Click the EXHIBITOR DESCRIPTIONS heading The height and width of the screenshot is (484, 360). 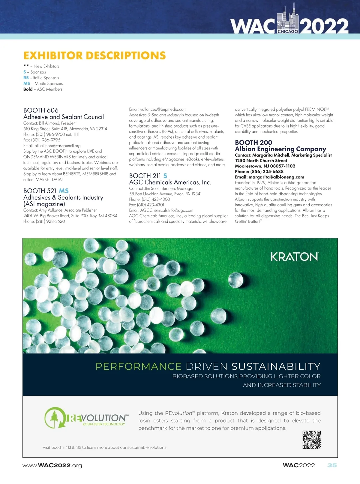[94, 56]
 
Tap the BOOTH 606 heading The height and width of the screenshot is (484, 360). [41, 110]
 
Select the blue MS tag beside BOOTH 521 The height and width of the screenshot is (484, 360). [64, 191]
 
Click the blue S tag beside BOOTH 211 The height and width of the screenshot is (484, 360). [165, 176]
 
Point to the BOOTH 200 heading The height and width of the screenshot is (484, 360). [253, 143]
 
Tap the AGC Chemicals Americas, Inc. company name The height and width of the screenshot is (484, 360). [170, 182]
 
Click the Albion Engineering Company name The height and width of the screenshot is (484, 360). [280, 149]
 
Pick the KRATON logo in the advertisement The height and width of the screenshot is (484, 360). [294, 257]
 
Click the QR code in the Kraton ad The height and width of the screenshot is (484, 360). [311, 440]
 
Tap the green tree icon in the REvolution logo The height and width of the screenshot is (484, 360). [54, 417]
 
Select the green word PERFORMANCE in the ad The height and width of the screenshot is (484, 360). [138, 366]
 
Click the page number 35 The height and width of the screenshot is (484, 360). [332, 465]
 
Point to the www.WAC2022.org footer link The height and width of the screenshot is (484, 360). [52, 465]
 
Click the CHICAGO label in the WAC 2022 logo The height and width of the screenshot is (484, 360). [288, 31]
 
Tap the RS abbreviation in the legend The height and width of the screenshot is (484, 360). [26, 78]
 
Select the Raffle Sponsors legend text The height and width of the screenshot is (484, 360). [46, 78]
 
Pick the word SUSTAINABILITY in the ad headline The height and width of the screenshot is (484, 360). [276, 366]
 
